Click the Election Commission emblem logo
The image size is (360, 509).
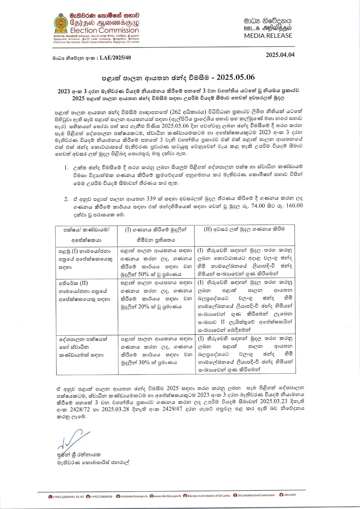[x=60, y=24]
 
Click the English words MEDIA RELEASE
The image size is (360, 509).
[x=268, y=36]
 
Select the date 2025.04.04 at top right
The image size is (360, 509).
[x=280, y=55]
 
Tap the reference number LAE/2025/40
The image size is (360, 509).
[x=115, y=58]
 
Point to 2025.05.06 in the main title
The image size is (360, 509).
[x=236, y=77]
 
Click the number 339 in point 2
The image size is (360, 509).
[x=151, y=199]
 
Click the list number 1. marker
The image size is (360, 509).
[x=66, y=168]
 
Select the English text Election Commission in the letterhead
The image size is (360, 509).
[x=104, y=31]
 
